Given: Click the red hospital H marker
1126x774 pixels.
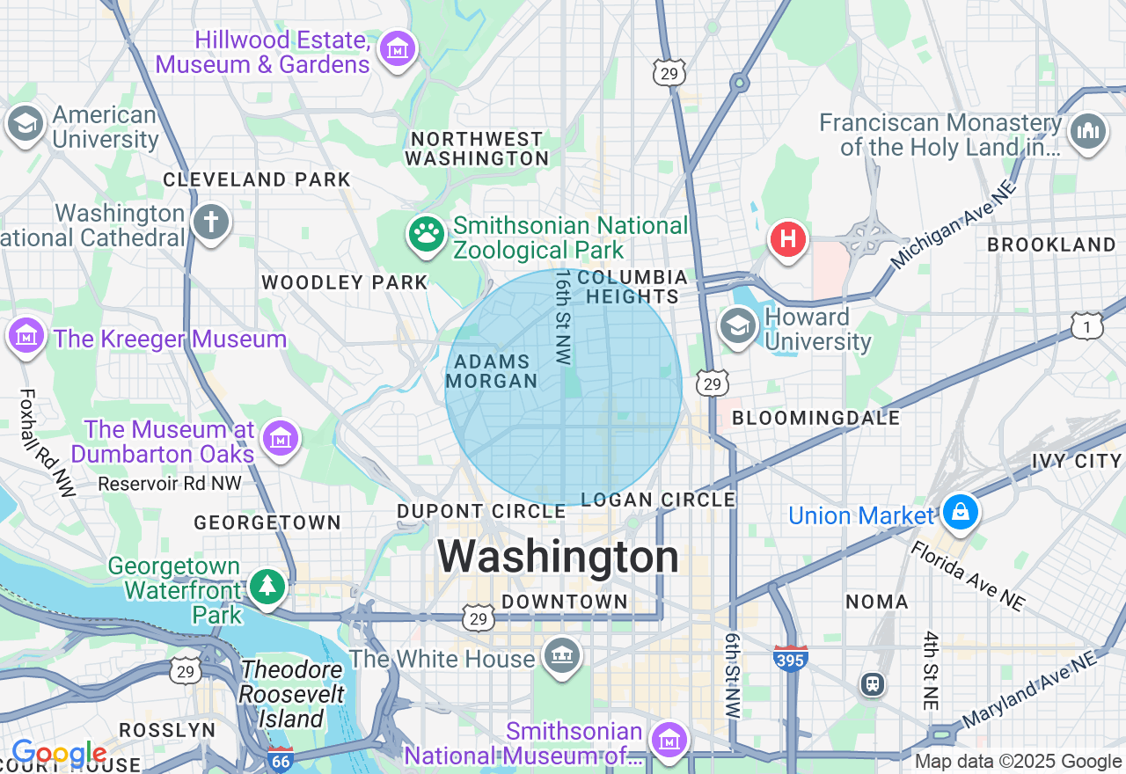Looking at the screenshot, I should [x=788, y=238].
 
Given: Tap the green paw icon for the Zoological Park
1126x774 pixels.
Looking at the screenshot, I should [x=427, y=234].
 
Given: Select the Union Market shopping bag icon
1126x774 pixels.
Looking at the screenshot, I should [x=960, y=511].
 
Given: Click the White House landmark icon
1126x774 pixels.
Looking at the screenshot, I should [x=561, y=656].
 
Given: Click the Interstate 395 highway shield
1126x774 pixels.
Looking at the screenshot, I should [x=791, y=658].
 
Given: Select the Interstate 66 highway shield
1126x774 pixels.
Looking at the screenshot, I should [x=281, y=759].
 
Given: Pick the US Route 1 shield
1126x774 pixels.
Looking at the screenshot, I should [x=1087, y=326].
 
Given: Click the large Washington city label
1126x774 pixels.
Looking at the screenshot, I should [x=559, y=557].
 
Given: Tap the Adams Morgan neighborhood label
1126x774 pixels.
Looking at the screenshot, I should [x=493, y=371].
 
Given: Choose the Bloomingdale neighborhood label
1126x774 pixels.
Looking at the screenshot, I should [x=815, y=418].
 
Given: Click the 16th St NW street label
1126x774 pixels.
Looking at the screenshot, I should [x=563, y=317].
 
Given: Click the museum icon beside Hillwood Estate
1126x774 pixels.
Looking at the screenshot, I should [x=398, y=49].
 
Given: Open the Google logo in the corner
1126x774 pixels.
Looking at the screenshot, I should [x=59, y=754].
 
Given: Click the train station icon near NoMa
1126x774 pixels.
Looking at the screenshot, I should [x=873, y=683].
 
